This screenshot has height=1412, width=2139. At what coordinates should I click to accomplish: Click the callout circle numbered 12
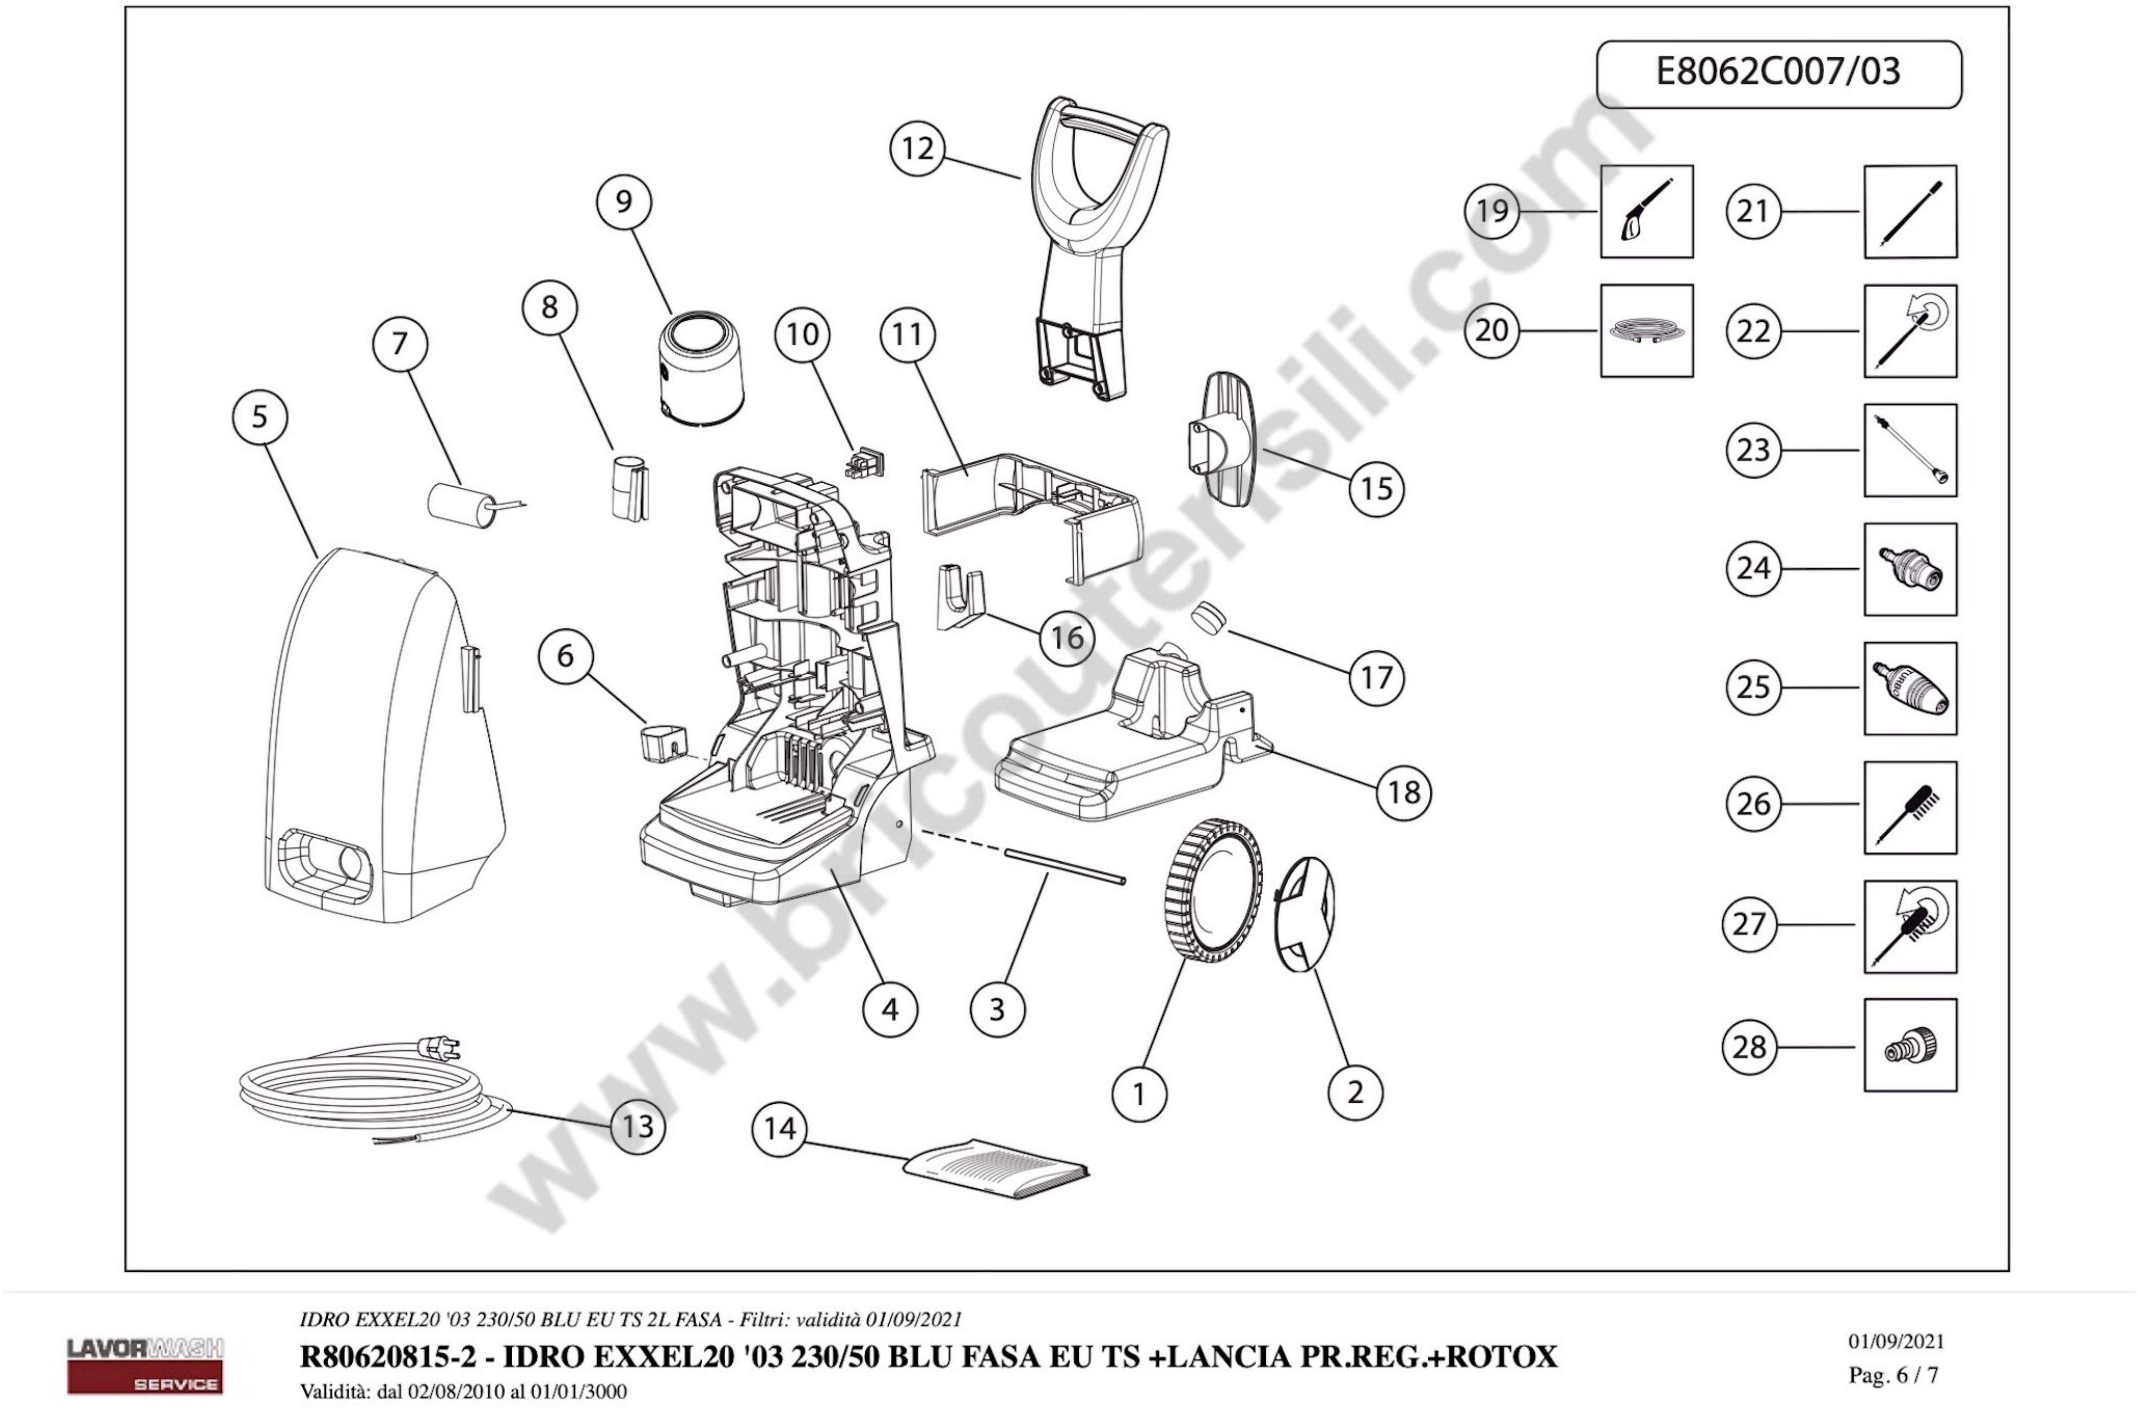(x=917, y=149)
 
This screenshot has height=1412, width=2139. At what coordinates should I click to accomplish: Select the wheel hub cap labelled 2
(x=1305, y=914)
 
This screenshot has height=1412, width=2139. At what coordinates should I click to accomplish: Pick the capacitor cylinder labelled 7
(x=461, y=504)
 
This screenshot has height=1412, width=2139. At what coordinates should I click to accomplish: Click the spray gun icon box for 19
(x=1646, y=212)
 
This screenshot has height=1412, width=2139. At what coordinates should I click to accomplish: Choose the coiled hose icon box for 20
(x=1646, y=331)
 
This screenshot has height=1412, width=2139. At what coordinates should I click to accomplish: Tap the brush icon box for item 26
(x=1909, y=807)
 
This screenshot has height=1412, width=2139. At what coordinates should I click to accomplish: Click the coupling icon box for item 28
(x=1909, y=1045)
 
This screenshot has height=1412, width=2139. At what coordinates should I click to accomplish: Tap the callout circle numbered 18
(x=1403, y=793)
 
